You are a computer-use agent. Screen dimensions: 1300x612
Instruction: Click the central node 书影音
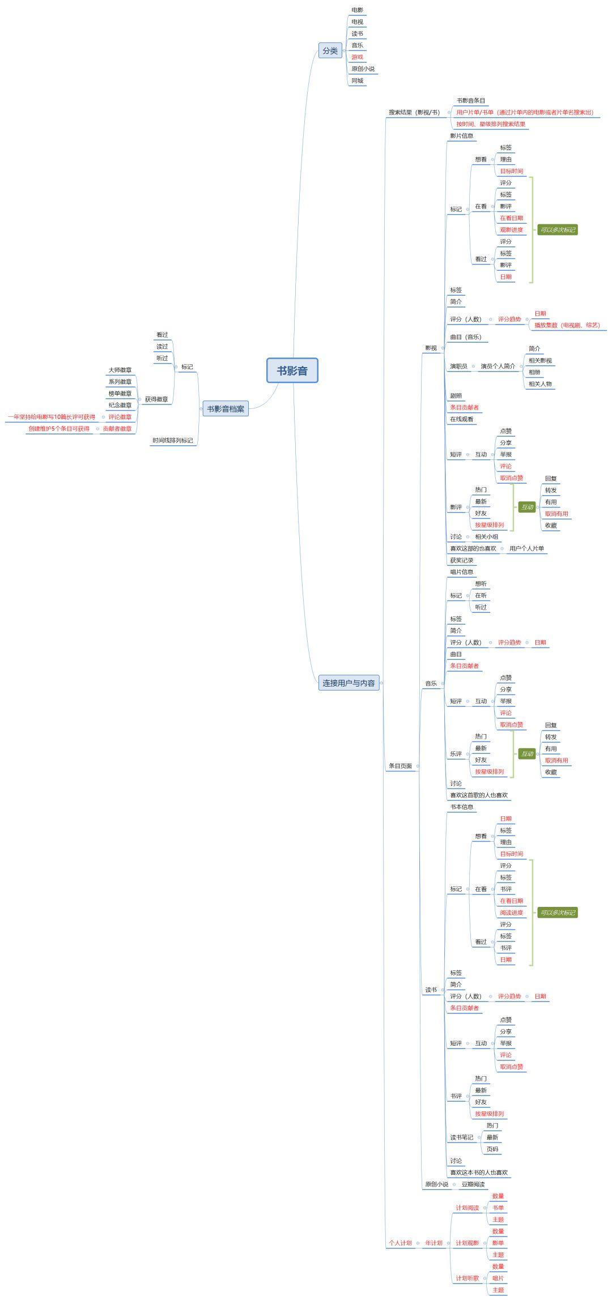click(x=292, y=370)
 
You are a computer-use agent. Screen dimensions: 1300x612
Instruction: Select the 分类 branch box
click(x=330, y=50)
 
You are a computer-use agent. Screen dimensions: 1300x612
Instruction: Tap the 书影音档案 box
click(x=226, y=409)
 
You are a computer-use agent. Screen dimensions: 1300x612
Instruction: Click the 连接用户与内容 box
click(x=348, y=683)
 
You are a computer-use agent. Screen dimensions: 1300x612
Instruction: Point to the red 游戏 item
click(x=357, y=57)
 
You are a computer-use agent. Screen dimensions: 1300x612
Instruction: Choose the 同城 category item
click(x=357, y=80)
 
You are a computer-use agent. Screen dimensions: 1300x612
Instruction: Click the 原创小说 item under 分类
click(x=363, y=69)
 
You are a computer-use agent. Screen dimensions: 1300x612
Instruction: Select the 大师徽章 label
click(x=120, y=370)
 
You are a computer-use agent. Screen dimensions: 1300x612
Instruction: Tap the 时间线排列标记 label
click(x=172, y=440)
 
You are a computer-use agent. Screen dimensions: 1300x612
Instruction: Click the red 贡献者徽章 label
click(x=117, y=429)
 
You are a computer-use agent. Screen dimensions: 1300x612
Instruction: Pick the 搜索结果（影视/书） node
click(x=414, y=112)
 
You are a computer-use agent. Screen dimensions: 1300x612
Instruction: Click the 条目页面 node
click(x=400, y=766)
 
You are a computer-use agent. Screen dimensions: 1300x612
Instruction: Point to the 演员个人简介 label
click(x=498, y=366)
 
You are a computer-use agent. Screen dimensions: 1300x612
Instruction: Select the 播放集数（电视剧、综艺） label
click(x=567, y=325)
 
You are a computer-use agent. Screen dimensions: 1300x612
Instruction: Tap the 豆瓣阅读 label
click(x=473, y=1184)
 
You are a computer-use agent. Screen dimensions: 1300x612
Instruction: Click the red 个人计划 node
click(x=400, y=1243)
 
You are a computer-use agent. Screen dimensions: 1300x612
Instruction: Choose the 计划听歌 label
click(x=467, y=1278)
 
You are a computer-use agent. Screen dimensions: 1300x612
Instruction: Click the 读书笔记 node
click(x=462, y=1137)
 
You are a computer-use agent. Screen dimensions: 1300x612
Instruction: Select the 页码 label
click(x=492, y=1149)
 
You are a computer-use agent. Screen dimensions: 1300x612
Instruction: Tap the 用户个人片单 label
click(x=526, y=548)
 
